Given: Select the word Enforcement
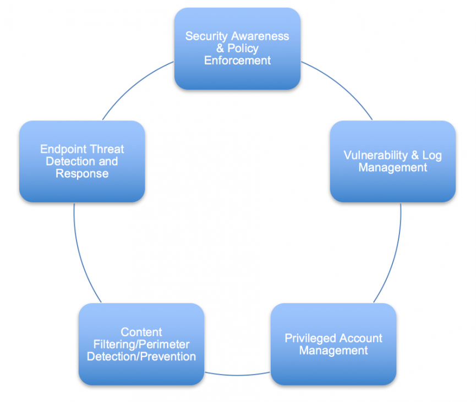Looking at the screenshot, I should (x=237, y=60).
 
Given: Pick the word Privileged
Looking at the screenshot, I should (x=310, y=338).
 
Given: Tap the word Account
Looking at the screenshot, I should (x=361, y=338).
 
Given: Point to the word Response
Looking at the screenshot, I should (x=82, y=173).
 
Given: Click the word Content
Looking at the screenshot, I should (x=141, y=332).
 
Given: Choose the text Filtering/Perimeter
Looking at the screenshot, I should (x=141, y=344).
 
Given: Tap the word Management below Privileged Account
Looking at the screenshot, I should (x=333, y=350).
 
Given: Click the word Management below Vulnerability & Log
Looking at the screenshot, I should (x=392, y=167).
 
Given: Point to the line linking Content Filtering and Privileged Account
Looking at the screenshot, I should (x=237, y=377).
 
